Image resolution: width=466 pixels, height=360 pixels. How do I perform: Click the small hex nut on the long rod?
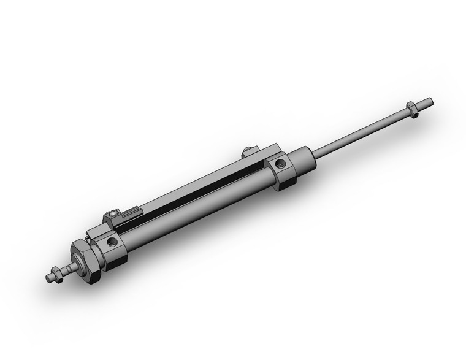coord(413,111)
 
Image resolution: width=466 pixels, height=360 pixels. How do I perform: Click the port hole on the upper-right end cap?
coord(280,164)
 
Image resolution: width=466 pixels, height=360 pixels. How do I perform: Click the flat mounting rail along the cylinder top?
coord(196,180)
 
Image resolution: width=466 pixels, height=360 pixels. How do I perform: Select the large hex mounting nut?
coord(86,260)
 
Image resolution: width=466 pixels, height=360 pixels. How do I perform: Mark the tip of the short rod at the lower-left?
coord(50,278)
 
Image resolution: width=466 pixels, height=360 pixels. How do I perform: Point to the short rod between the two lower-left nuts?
coord(69,269)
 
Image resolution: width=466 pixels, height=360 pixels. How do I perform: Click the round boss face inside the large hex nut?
coord(79,263)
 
